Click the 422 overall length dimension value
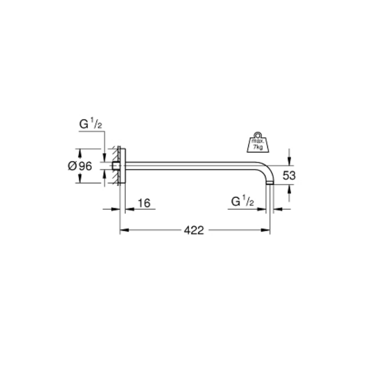tap(194, 230)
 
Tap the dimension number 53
tap(289, 175)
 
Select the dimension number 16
tap(144, 203)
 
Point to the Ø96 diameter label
tap(80, 166)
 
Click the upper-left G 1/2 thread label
tap(91, 124)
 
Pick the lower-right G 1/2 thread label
tap(242, 201)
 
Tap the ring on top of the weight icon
tap(257, 135)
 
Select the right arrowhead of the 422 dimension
tap(265, 230)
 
